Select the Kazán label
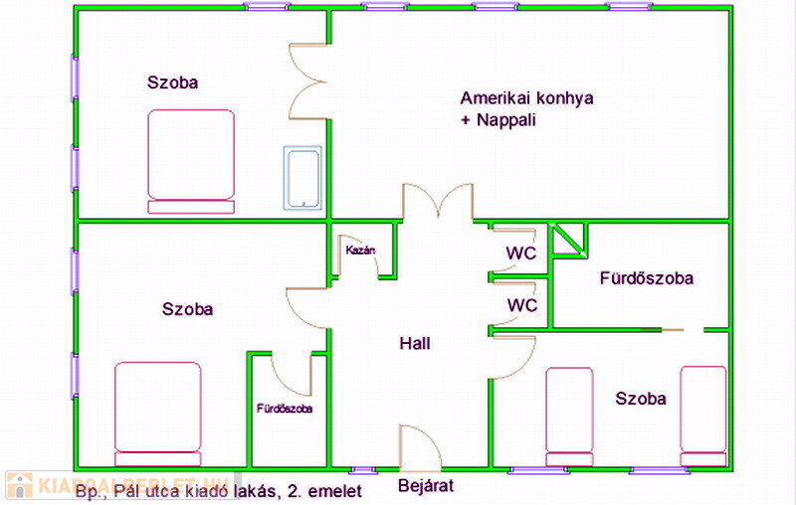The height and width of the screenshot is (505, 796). point(359,251)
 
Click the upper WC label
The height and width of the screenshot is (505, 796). point(521,253)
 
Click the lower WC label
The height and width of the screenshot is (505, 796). point(521,304)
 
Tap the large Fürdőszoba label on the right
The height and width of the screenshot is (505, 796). point(646,278)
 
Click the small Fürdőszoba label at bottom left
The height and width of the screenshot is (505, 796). point(285,408)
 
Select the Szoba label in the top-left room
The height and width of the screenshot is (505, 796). point(172,83)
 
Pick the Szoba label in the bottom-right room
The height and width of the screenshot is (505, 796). point(641,399)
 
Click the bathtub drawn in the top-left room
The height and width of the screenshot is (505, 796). point(302,179)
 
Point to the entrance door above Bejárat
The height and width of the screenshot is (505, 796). point(419,446)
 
